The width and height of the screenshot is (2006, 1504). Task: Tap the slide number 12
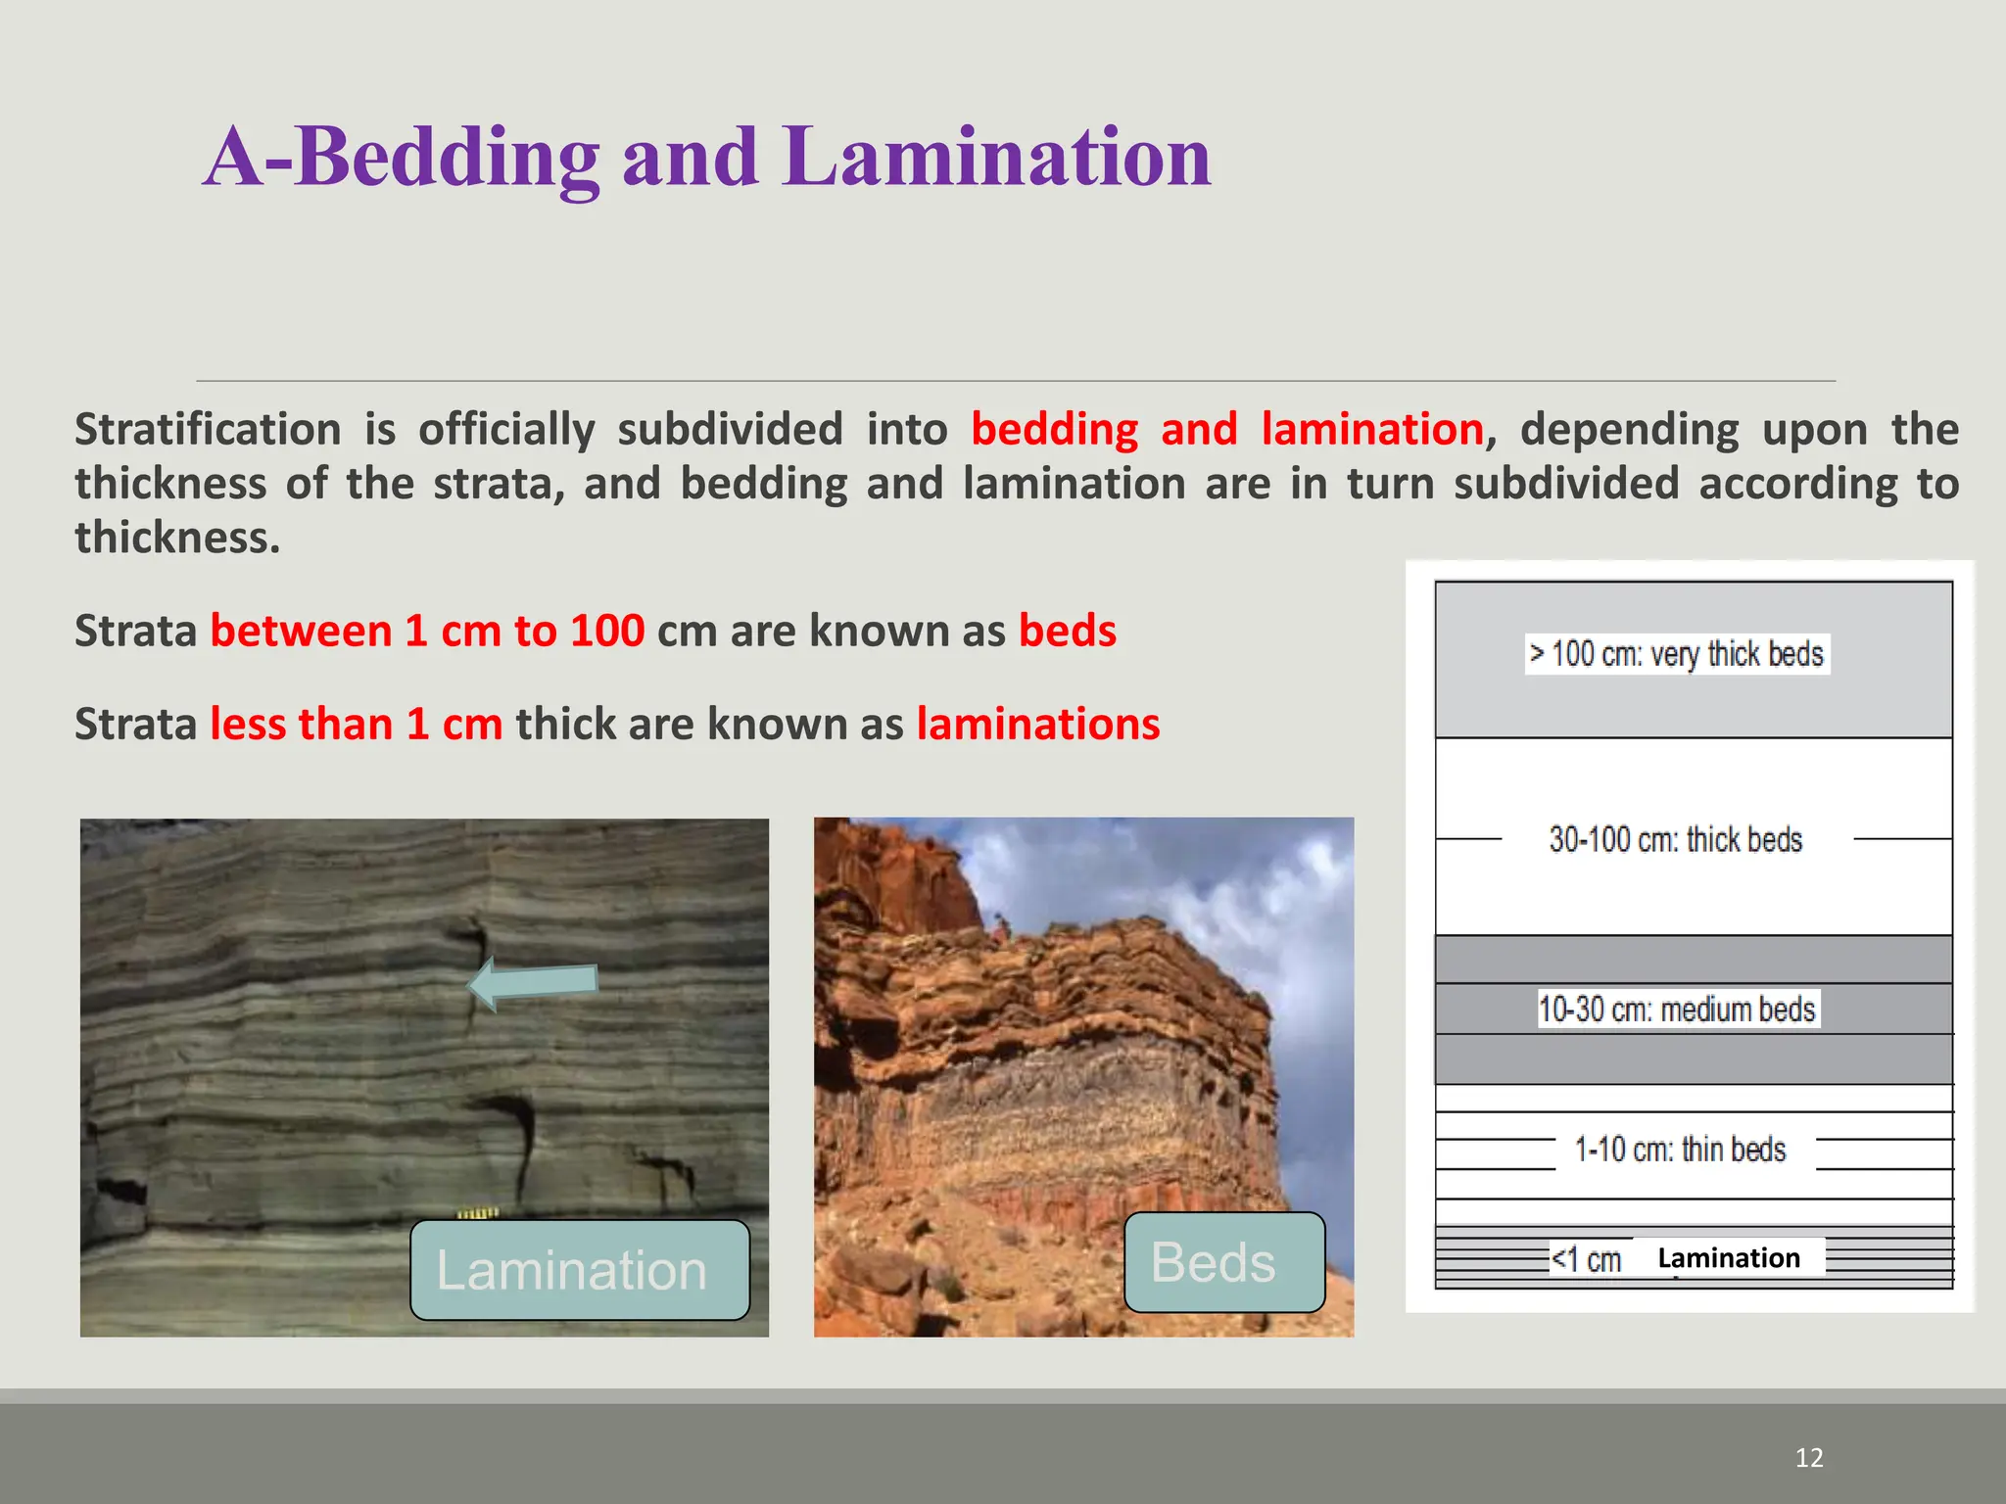[1808, 1458]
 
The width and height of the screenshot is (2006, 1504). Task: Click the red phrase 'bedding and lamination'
[1227, 430]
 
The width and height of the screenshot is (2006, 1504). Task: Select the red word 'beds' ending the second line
[1068, 631]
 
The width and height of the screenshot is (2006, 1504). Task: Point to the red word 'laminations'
[1038, 725]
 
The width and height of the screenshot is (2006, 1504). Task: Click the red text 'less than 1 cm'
[357, 725]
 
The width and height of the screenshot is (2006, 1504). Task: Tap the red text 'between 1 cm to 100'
[427, 631]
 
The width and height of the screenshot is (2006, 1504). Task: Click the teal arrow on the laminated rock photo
[533, 983]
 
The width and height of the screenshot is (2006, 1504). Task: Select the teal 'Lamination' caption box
[580, 1269]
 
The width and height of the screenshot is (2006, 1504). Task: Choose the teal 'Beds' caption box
[1224, 1262]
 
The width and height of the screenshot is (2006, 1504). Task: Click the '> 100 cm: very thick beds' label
[1677, 653]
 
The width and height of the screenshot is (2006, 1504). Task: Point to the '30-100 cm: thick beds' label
[1675, 839]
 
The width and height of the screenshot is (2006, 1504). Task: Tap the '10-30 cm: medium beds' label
[1677, 1009]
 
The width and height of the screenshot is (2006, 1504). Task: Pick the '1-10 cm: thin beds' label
[1680, 1150]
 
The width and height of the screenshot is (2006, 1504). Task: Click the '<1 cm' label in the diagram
[1586, 1259]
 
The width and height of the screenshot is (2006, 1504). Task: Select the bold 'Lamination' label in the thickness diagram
[1729, 1257]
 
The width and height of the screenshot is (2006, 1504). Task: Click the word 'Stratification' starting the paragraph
[208, 430]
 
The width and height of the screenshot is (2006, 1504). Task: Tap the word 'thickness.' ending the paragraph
[177, 538]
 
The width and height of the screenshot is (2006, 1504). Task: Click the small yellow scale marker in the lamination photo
[479, 1214]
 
